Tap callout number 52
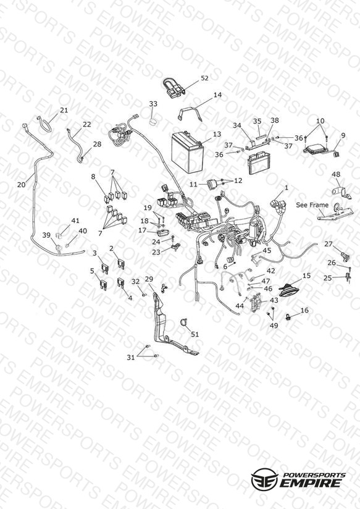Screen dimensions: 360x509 click(x=204, y=78)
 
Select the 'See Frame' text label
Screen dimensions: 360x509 click(x=312, y=205)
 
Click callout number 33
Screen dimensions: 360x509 click(x=153, y=104)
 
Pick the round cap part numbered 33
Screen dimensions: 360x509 click(x=153, y=122)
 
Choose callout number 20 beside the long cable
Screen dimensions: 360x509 click(x=22, y=184)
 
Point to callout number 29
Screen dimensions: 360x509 click(x=149, y=279)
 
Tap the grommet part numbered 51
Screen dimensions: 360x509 click(x=184, y=322)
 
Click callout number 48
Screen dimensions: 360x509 click(x=336, y=174)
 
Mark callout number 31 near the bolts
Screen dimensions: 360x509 click(x=130, y=358)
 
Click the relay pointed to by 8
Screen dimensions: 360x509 click(x=106, y=198)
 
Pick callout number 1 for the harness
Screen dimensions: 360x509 click(x=287, y=188)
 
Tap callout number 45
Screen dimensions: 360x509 click(x=267, y=250)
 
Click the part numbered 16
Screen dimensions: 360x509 click(x=288, y=316)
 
